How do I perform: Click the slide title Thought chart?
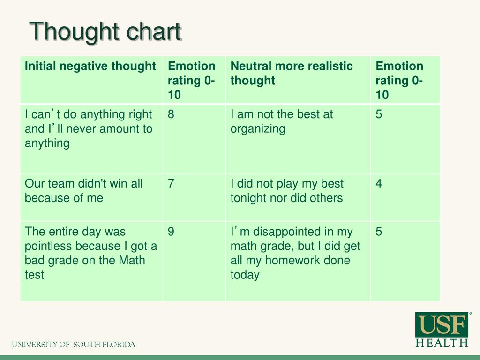coord(105,32)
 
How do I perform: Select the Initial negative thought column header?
coord(90,66)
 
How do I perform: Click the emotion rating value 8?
coord(171,114)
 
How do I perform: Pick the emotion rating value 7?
coord(171,184)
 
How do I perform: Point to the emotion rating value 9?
coord(171,232)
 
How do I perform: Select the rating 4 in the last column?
coord(379,184)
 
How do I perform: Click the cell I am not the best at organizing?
coord(281,121)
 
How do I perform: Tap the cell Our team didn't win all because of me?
coord(83,191)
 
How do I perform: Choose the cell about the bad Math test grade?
coord(90,253)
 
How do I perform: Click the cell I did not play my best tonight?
coord(286,191)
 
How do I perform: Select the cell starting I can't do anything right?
coord(88,128)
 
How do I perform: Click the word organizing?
coord(257,129)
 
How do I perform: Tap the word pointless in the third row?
coord(48,246)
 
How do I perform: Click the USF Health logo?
coord(442,330)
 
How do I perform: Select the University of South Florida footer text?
coord(74,345)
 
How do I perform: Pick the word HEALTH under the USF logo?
coord(442,343)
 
